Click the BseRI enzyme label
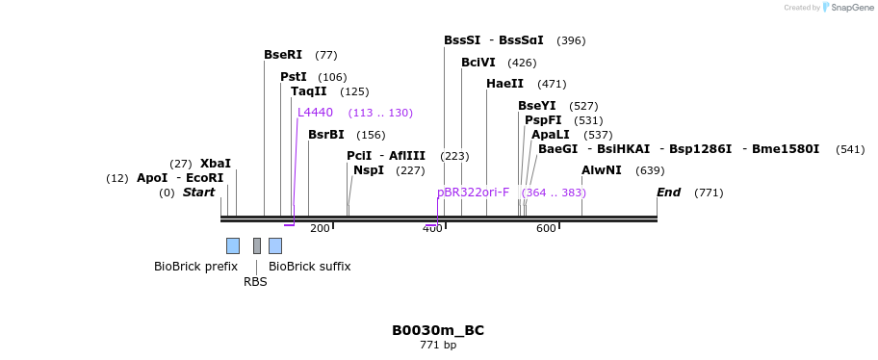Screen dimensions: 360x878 283,55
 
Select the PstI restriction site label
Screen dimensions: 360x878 294,77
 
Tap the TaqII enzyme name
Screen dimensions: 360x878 309,91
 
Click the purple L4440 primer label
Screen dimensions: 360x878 315,113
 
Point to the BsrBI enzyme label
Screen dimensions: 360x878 326,135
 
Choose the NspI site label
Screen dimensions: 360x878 369,170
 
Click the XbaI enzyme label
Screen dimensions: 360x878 216,164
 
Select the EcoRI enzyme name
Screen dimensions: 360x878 204,178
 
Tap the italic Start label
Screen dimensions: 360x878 198,193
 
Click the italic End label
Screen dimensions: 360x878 668,193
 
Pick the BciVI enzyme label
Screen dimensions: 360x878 478,63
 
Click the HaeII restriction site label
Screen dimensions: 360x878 504,84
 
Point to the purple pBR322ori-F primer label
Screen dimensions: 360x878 473,193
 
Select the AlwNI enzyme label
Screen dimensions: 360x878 602,170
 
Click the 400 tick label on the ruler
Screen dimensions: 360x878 432,228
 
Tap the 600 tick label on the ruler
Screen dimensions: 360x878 546,228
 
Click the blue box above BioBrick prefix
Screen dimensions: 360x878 233,245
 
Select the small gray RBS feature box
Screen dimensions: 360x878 257,245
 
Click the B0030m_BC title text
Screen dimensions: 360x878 438,330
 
